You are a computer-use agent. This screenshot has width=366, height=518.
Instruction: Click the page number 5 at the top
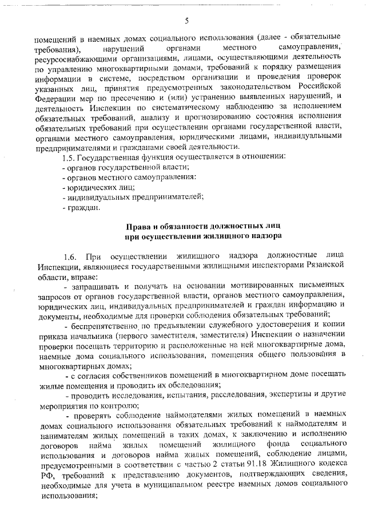(x=186, y=21)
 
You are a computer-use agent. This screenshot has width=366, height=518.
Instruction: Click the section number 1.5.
(x=69, y=156)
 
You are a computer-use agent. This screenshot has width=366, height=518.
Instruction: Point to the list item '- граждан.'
(x=81, y=208)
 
